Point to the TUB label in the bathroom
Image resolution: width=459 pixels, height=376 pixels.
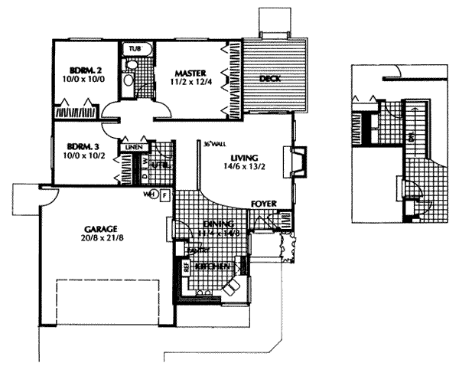click(135, 47)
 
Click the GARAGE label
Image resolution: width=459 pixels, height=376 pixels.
click(99, 229)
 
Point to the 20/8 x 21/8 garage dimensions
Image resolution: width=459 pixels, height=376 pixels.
click(99, 239)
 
